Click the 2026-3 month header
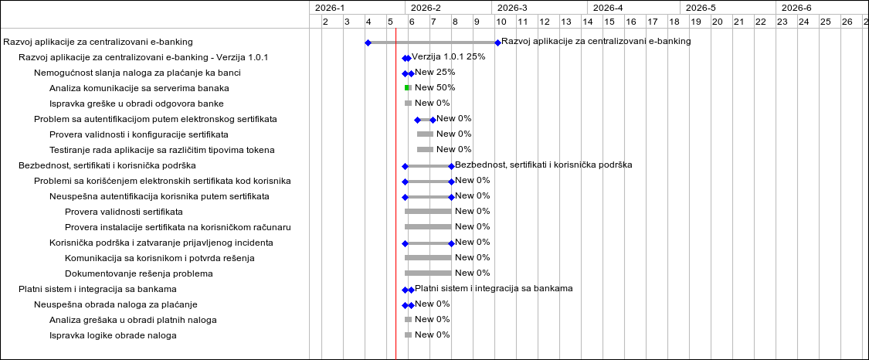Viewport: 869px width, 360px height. [x=512, y=8]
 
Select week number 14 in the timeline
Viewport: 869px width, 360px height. [x=588, y=22]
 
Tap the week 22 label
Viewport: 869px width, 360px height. [x=761, y=22]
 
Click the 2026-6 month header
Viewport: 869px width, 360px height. [x=796, y=8]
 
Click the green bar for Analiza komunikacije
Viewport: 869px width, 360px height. [x=408, y=88]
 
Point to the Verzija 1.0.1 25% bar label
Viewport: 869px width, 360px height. [x=448, y=57]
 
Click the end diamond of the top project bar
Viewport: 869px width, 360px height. [x=497, y=42]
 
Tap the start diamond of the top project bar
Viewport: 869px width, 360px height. [x=368, y=42]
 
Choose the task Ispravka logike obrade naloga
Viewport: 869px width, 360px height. [x=113, y=335]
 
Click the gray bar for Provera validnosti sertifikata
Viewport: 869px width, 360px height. [x=428, y=211]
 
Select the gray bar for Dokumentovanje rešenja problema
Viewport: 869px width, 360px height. [x=428, y=273]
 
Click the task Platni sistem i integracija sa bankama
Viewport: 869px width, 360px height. [x=97, y=289]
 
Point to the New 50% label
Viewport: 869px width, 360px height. [x=435, y=88]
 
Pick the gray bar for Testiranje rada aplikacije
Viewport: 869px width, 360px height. [x=425, y=149]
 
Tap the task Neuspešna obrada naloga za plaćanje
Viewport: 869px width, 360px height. [x=116, y=304]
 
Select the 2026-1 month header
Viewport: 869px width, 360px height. [x=330, y=8]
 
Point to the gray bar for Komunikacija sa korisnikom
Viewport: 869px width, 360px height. [x=428, y=257]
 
